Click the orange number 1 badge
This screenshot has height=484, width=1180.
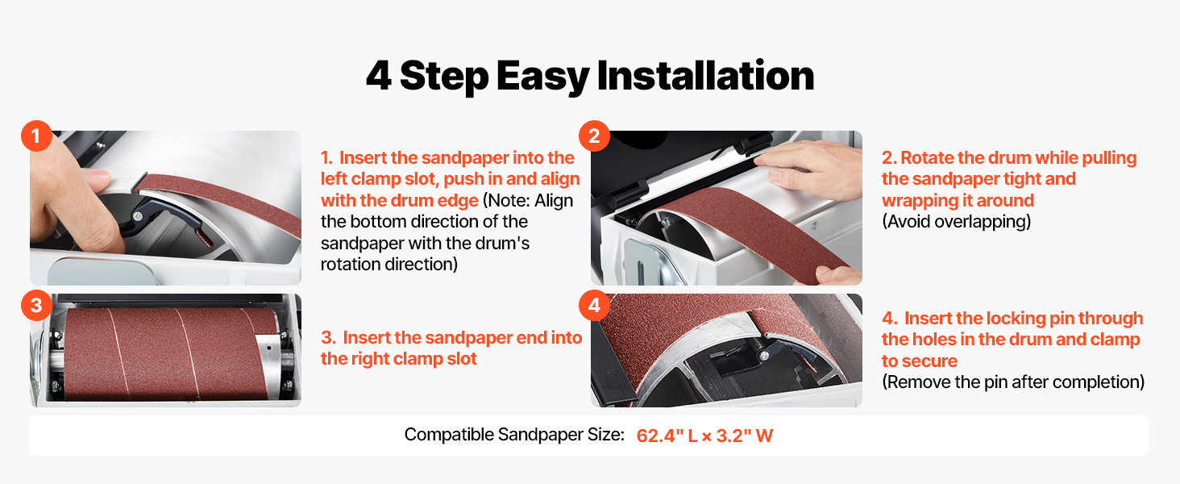(x=36, y=136)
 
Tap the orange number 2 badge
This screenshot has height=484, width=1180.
(x=594, y=136)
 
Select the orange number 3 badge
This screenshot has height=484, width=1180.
(x=36, y=305)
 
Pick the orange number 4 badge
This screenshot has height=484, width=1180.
(x=594, y=305)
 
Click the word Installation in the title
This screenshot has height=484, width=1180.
(x=705, y=76)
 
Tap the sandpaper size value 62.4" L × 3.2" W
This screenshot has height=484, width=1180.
(x=704, y=436)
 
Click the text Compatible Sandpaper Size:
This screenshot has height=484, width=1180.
(x=514, y=435)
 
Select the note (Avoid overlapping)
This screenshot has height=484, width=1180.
(x=956, y=222)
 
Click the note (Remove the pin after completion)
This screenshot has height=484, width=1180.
(x=1013, y=382)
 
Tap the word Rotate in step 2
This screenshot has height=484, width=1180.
(x=927, y=157)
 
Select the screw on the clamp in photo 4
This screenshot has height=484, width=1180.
(x=763, y=357)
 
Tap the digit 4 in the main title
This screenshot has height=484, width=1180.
(x=378, y=76)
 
